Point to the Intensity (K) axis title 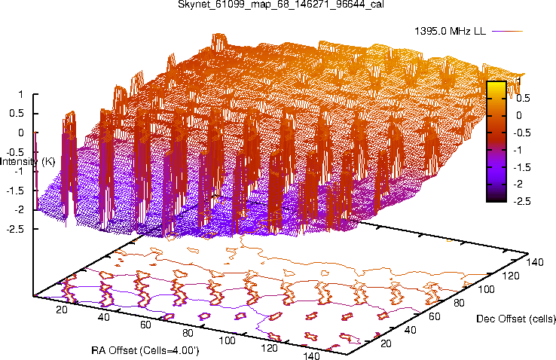point(27,161)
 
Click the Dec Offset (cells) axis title point(516,319)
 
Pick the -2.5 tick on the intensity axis point(15,227)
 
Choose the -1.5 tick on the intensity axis point(15,190)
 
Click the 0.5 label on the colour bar point(523,98)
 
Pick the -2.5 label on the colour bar point(523,201)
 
